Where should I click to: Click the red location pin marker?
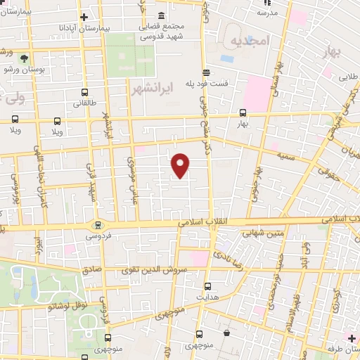pos(181,165)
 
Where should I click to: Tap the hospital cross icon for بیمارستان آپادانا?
pos(84,17)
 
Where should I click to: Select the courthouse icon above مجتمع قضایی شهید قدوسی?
pos(162,15)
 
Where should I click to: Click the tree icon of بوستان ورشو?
pos(25,58)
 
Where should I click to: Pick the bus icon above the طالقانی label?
pos(85,91)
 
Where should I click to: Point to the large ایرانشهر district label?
pos(151,89)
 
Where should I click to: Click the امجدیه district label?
pos(250,41)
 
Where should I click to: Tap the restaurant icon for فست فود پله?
pos(205,73)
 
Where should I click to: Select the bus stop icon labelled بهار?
pos(243,112)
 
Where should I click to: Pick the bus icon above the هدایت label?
pos(207,286)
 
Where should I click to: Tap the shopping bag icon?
pos(226,332)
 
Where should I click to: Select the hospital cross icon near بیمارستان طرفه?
pos(352,338)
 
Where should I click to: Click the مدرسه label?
pos(264,13)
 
